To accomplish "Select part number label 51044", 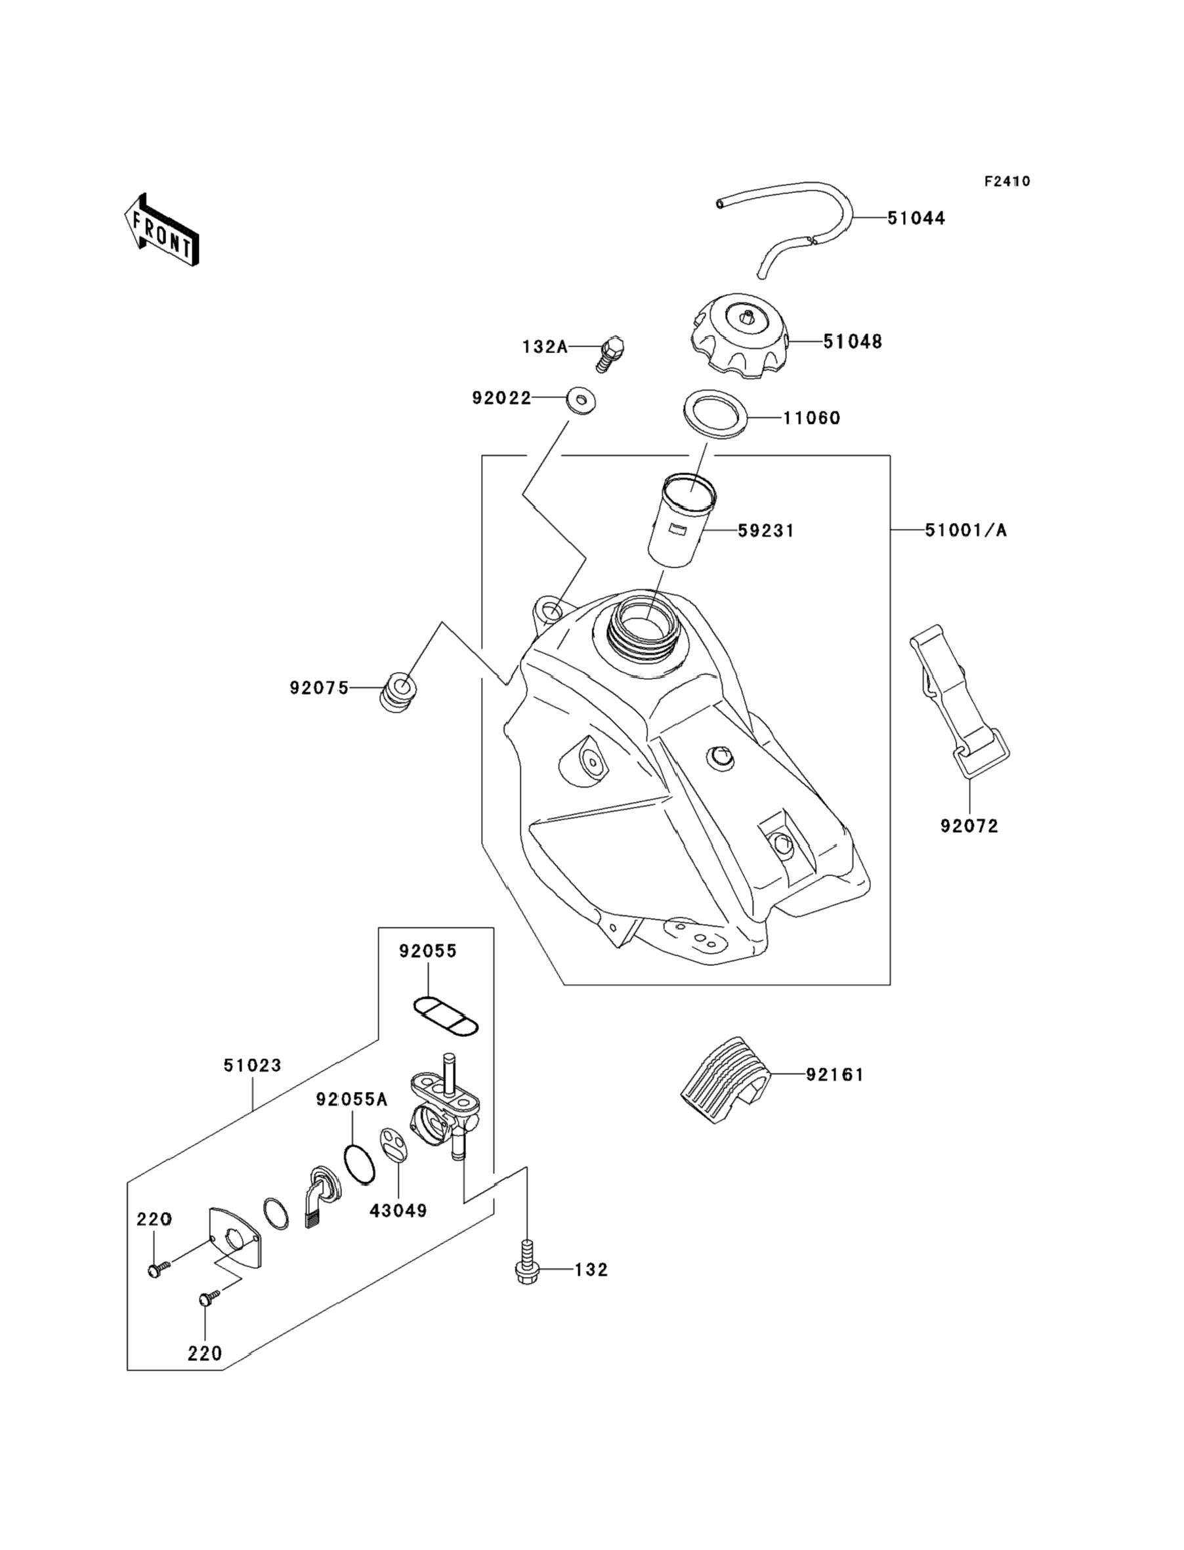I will point(916,219).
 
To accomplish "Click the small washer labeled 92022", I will point(580,400).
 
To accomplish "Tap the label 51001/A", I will point(965,530).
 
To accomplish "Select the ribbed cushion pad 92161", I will point(726,1078).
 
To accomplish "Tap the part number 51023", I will point(252,1066).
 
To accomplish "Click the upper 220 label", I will point(154,1219).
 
